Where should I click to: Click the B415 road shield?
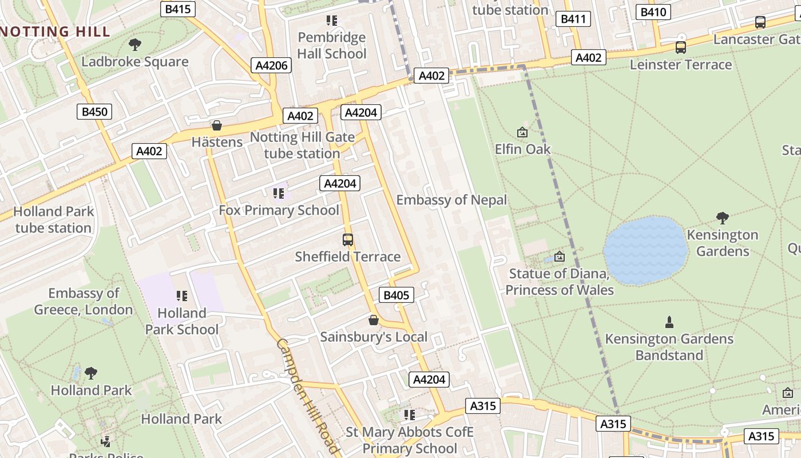178,9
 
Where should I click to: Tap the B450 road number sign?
94,112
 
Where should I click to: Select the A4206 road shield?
271,65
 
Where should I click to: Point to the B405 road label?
396,295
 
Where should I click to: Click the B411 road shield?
573,19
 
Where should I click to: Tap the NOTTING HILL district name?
55,31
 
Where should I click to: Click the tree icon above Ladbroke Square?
135,44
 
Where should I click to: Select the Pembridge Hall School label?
332,46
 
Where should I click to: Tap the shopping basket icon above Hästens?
217,125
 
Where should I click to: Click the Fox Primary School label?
279,210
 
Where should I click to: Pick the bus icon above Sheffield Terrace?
348,239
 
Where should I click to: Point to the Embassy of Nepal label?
451,200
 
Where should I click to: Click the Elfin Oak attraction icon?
522,132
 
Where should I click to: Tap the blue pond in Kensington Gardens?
645,250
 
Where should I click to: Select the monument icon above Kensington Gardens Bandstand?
669,322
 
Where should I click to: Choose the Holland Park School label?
182,321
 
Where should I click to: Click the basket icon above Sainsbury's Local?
374,319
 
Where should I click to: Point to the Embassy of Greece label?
84,302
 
